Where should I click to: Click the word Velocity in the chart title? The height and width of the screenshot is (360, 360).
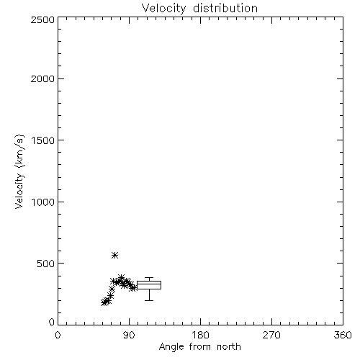pos(163,9)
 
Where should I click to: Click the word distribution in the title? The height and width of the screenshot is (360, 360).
pos(225,8)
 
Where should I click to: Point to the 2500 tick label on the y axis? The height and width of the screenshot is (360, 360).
pos(42,19)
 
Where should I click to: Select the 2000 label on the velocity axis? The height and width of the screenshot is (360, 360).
pos(42,78)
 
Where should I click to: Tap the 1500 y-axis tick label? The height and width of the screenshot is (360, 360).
pos(43,140)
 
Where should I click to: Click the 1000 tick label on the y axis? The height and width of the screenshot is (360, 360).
pos(43,202)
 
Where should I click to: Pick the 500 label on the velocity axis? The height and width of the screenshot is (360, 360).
pos(46,264)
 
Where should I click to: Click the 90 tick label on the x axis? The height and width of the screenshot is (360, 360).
pos(129,335)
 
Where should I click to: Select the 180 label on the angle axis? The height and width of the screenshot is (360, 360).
pos(200,335)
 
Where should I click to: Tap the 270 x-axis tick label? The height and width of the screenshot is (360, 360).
pos(271,335)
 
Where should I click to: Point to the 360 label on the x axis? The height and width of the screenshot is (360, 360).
pos(343,335)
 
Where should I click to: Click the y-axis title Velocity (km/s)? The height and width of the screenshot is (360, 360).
pos(19,171)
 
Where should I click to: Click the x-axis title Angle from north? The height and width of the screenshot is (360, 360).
pos(200,346)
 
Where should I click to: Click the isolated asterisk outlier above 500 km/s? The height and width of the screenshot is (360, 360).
pos(115,255)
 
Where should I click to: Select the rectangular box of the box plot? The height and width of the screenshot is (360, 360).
pos(149,281)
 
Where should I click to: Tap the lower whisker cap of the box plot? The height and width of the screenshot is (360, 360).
pos(149,300)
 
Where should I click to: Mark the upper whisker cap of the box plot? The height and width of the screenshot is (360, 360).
pos(149,278)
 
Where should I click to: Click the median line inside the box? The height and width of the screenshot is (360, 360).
pos(149,284)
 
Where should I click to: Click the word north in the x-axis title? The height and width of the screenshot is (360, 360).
pos(229,346)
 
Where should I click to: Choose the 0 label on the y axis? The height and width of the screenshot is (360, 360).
pos(52,322)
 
